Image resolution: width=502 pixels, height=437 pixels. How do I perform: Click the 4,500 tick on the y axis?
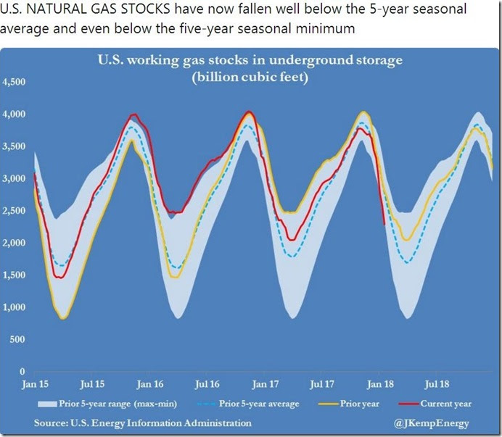pos(15,82)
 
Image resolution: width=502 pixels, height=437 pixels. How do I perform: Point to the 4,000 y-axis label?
pos(15,115)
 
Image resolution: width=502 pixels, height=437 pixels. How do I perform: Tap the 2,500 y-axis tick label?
pos(15,211)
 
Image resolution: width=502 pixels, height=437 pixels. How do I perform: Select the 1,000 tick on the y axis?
pos(15,307)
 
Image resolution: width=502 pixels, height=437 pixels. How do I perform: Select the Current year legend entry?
pos(436,404)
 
